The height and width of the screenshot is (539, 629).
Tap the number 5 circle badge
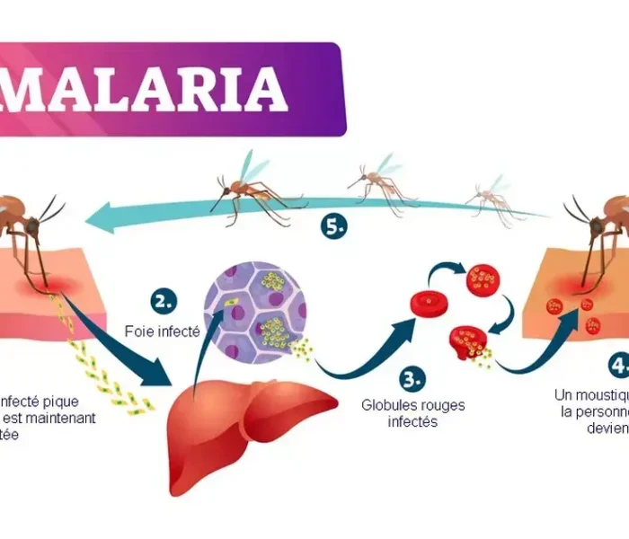333,227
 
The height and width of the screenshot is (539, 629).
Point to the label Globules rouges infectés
413,413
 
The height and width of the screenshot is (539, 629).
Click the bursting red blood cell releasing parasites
468,344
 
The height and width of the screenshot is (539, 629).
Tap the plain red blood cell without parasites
428,303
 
